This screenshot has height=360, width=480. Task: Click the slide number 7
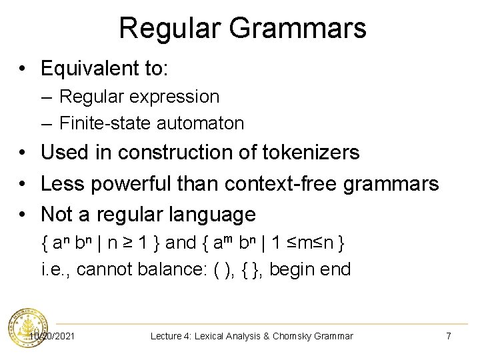[x=448, y=336]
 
